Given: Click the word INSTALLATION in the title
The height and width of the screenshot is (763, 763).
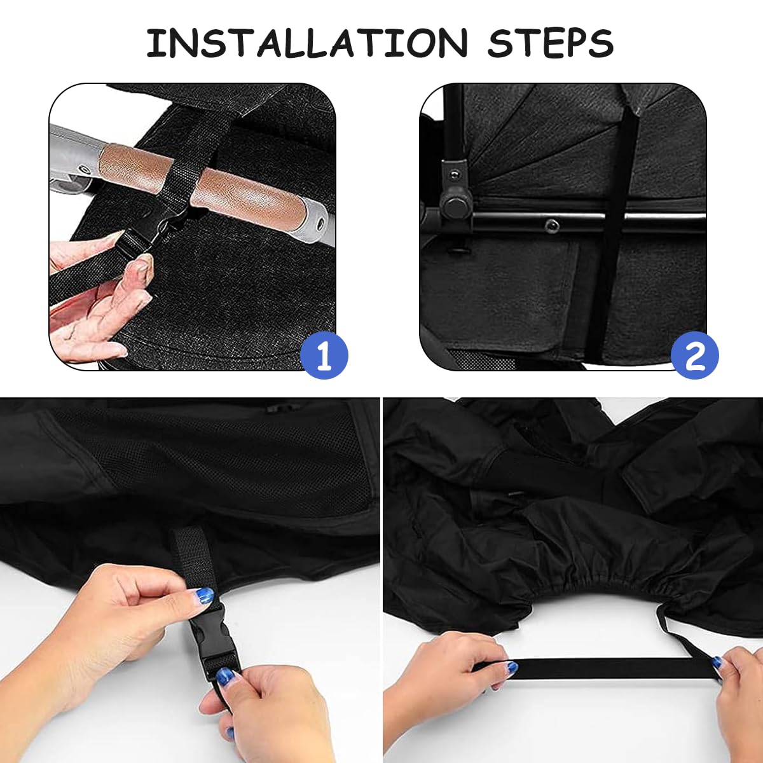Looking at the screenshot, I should point(306,43).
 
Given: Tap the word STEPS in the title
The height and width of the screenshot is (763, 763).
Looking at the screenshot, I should point(550,43).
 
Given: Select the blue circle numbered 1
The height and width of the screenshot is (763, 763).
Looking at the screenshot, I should point(324,355).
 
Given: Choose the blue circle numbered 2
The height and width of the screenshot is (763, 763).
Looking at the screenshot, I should point(695,355).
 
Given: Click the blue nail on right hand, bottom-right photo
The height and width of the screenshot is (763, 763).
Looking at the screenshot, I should point(717,663).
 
